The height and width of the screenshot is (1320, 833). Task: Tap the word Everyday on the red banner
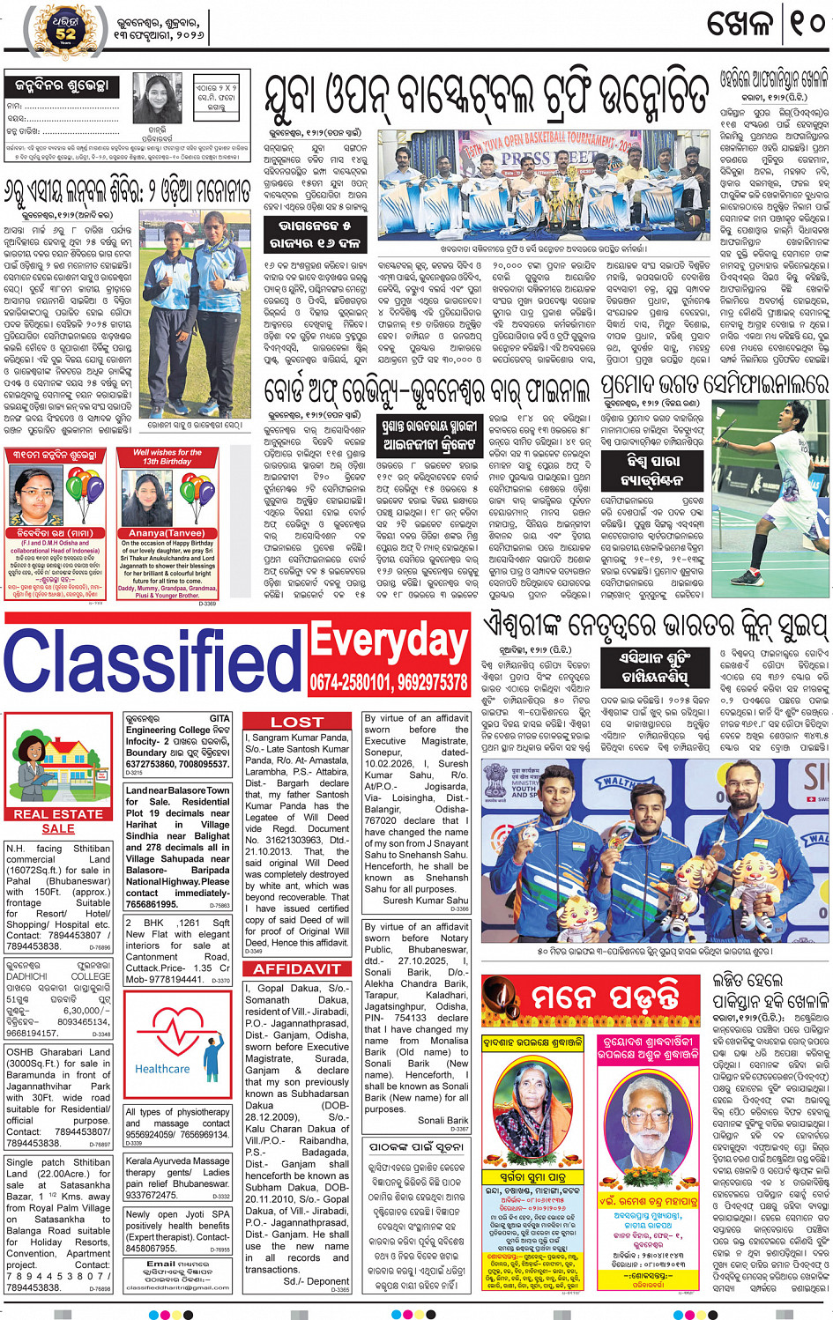[388, 643]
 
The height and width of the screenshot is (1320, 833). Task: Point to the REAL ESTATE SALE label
[58, 820]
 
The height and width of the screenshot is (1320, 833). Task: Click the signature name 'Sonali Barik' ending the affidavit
[443, 1120]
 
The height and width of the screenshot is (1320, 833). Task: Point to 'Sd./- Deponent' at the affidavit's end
[316, 1281]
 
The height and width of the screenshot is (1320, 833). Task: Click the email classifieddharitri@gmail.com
[177, 1287]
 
